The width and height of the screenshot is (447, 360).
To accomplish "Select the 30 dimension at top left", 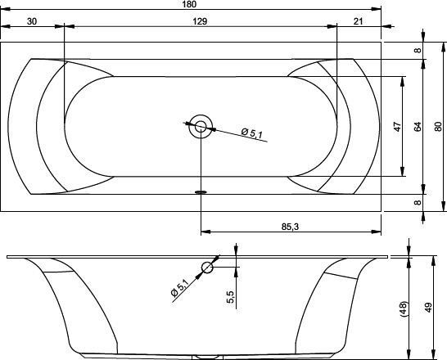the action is (32, 21).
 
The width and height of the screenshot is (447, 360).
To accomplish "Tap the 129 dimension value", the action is (200, 21).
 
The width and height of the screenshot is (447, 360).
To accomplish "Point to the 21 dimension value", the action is (358, 21).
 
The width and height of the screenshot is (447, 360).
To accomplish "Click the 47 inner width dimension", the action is (397, 127).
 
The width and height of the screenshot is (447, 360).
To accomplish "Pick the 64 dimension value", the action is (417, 127).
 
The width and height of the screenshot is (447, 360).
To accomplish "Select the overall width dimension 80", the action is (438, 127).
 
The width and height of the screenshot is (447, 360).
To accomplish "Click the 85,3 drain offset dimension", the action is (290, 227).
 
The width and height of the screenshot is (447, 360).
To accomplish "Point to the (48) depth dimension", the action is (404, 308).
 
